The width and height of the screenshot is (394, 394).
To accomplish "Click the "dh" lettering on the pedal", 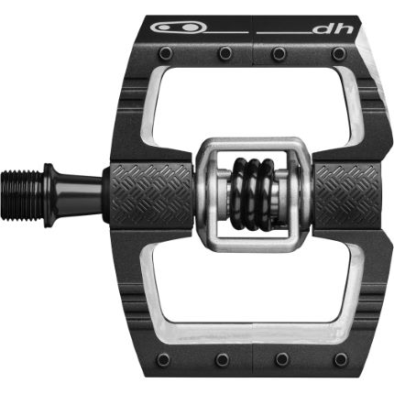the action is pyautogui.click(x=334, y=28).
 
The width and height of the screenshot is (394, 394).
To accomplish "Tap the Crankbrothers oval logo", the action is pyautogui.click(x=179, y=27).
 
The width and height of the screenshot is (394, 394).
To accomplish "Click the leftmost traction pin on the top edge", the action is pyautogui.click(x=165, y=53).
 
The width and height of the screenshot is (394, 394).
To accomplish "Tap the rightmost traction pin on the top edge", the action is pyautogui.click(x=339, y=54).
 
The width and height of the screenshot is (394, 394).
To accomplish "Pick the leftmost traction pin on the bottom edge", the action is pyautogui.click(x=162, y=360).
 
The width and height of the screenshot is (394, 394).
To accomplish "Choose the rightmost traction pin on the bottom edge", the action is pyautogui.click(x=340, y=360).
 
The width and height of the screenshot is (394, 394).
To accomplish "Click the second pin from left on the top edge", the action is pyautogui.click(x=225, y=53).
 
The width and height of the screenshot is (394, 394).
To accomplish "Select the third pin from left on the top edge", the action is pyautogui.click(x=279, y=53).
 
